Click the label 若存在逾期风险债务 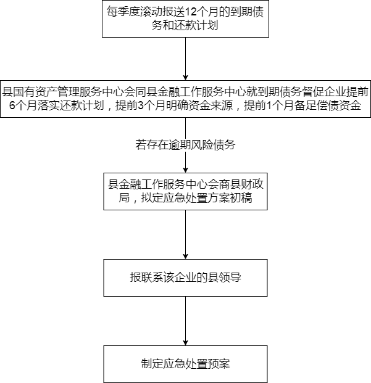click(185, 146)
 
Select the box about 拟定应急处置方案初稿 click(185, 191)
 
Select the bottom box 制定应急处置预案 click(185, 363)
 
